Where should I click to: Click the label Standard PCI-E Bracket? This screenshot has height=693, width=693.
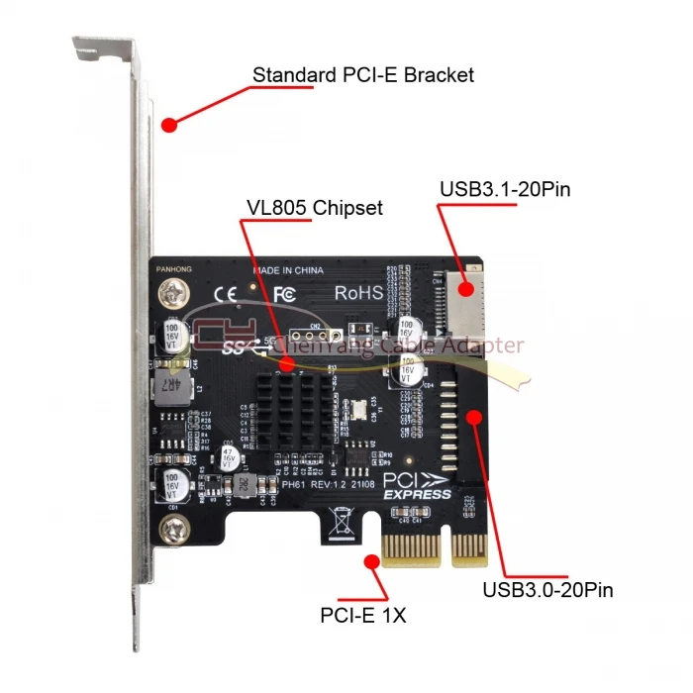click(x=363, y=74)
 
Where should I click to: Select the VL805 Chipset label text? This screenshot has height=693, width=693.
click(x=314, y=208)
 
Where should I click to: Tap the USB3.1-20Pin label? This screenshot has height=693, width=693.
click(x=505, y=188)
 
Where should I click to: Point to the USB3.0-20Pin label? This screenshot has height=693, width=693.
click(x=548, y=591)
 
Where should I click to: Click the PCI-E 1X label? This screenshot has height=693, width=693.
click(x=363, y=616)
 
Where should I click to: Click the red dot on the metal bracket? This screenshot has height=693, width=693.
click(x=168, y=126)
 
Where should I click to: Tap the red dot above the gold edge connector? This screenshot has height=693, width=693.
click(x=373, y=562)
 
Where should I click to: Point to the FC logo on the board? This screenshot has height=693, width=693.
click(x=285, y=293)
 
